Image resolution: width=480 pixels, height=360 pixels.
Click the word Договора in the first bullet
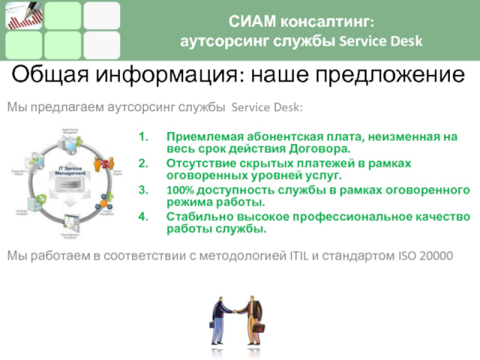pos(323,148)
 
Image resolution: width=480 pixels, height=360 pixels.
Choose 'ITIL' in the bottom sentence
pos(298,256)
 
